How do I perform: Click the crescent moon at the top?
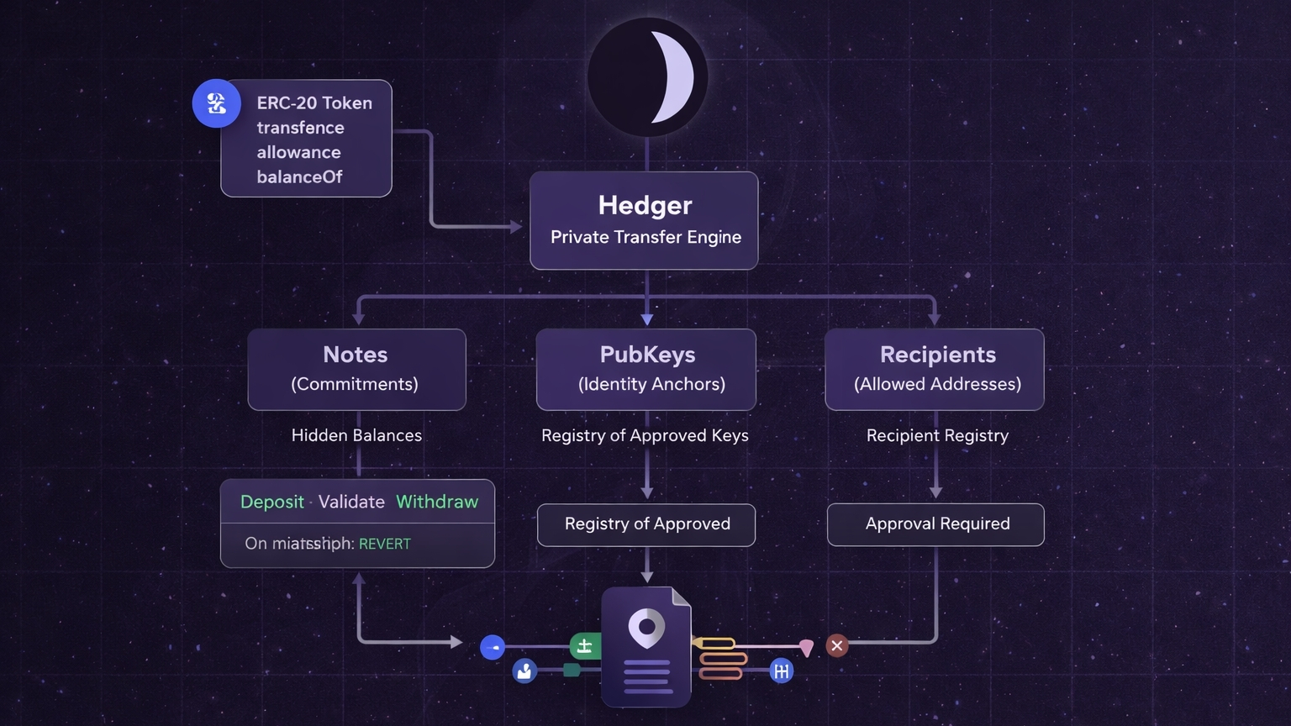click(672, 77)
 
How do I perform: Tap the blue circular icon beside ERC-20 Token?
click(217, 103)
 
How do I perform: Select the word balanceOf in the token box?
click(299, 176)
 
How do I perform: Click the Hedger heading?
click(645, 205)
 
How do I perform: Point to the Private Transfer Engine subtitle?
click(645, 237)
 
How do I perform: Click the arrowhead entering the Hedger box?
click(516, 226)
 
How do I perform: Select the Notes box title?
click(356, 355)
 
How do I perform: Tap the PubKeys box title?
click(647, 355)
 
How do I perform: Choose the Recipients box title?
click(937, 355)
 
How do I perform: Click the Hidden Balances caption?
click(356, 435)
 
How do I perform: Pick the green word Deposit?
click(271, 502)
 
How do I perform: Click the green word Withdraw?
click(437, 502)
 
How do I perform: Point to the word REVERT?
click(385, 544)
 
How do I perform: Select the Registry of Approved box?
click(646, 524)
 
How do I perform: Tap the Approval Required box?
click(936, 524)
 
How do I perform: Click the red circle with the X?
click(836, 645)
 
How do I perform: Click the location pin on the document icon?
click(646, 628)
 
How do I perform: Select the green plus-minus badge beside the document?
click(585, 646)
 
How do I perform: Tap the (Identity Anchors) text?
click(651, 384)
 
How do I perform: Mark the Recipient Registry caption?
click(937, 435)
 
